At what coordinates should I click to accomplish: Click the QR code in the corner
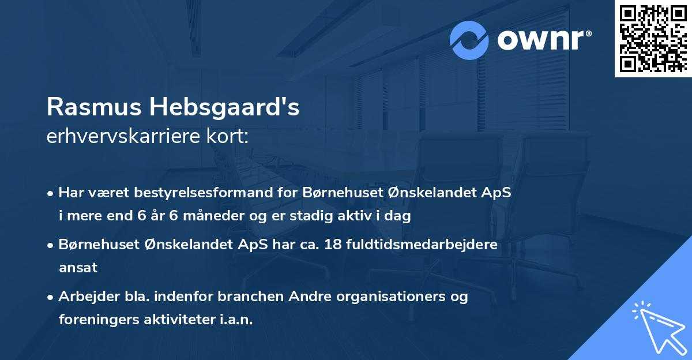click(652, 39)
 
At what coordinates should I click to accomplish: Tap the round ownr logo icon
click(469, 40)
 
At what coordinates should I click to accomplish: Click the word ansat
click(78, 267)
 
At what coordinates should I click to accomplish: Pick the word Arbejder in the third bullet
click(86, 297)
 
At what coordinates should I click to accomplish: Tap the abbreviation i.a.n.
click(236, 319)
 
